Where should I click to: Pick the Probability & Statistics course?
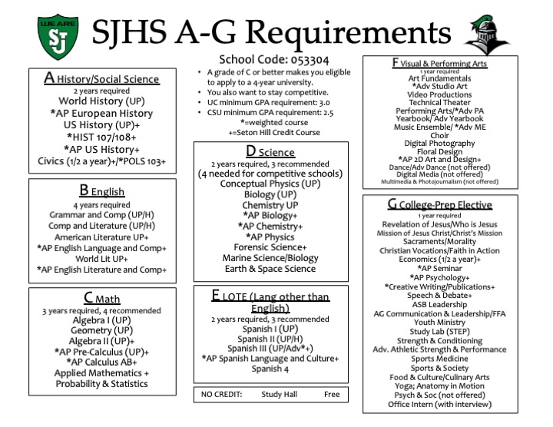point(94,384)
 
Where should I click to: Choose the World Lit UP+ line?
point(101,258)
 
